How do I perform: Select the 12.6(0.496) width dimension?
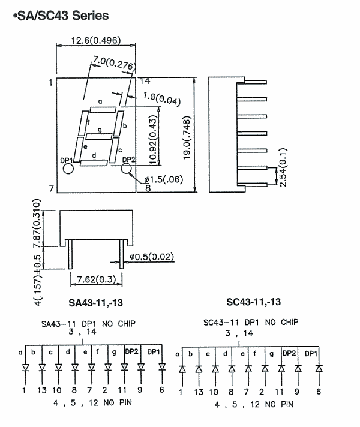point(97,41)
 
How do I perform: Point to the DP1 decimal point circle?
point(68,169)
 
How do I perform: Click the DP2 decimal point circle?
point(126,169)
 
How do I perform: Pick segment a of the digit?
point(103,109)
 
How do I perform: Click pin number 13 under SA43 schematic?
point(41,390)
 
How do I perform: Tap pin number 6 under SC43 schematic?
point(318,392)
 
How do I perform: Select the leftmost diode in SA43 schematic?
point(25,368)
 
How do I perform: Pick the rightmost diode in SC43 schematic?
point(318,368)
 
